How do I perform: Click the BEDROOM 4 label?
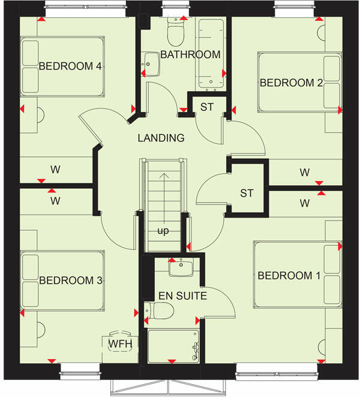click(x=70, y=66)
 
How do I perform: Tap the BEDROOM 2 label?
click(x=291, y=83)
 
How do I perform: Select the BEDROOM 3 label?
click(x=70, y=280)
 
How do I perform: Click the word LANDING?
click(x=161, y=138)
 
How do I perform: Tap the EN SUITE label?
click(x=183, y=296)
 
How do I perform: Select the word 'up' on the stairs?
click(x=163, y=230)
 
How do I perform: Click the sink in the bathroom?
click(x=151, y=64)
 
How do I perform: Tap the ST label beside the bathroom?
click(x=207, y=107)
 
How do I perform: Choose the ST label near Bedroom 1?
click(x=247, y=193)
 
